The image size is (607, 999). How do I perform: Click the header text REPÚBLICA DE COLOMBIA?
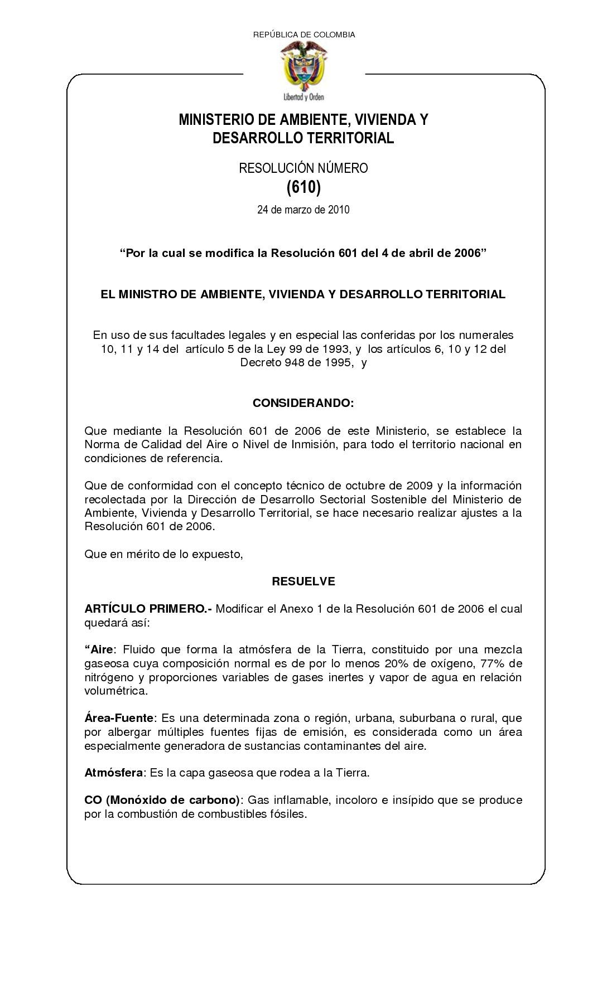click(304, 35)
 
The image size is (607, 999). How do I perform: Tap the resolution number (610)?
click(303, 188)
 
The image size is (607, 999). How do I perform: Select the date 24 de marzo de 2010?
click(303, 210)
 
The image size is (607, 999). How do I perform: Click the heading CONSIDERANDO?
click(303, 402)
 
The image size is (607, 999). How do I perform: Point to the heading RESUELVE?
click(303, 581)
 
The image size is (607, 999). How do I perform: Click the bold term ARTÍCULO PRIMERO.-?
click(148, 608)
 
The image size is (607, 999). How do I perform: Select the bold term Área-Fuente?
click(118, 718)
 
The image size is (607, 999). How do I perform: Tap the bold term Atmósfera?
click(114, 773)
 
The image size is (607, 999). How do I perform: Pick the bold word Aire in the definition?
click(103, 649)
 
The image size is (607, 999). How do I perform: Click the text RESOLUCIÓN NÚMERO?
click(303, 168)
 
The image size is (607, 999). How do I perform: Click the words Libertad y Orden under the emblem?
click(303, 96)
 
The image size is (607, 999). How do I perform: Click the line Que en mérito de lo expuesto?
click(163, 554)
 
